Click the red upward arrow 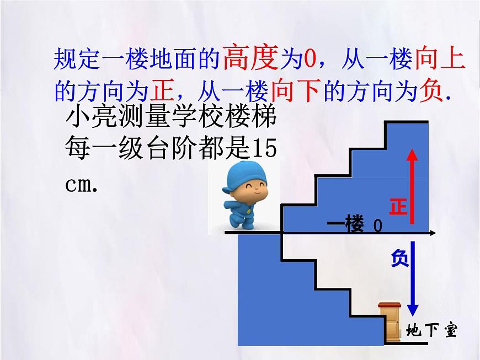[412, 187]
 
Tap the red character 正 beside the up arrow [397, 206]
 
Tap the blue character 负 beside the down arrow [399, 258]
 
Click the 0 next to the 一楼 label [377, 225]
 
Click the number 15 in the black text [263, 151]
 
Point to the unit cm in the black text [79, 183]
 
